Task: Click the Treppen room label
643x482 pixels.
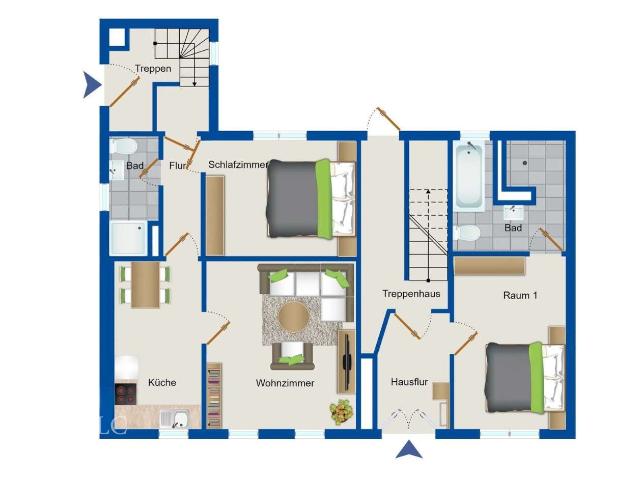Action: (153, 69)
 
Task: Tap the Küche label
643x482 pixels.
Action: (162, 382)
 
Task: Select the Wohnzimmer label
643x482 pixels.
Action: (285, 383)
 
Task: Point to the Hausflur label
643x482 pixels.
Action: (409, 382)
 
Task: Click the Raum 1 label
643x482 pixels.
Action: (520, 296)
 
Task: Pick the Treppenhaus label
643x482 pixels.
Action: (411, 294)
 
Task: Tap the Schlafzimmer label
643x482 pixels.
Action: (238, 164)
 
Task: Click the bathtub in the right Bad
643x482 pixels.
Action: (469, 176)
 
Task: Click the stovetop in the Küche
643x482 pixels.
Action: (126, 394)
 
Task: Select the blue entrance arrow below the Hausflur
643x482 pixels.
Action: (409, 449)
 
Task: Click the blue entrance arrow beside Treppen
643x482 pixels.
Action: (92, 84)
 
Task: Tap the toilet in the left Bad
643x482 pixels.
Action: (124, 146)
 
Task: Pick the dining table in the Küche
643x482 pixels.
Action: (145, 285)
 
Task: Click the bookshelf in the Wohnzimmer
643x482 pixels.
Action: (214, 395)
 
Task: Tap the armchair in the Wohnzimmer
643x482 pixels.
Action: (292, 355)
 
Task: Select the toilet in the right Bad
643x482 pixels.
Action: (467, 233)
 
